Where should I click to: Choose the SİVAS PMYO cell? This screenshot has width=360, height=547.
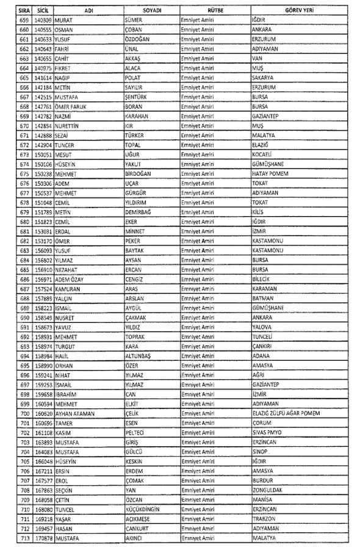pyautogui.click(x=269, y=432)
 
